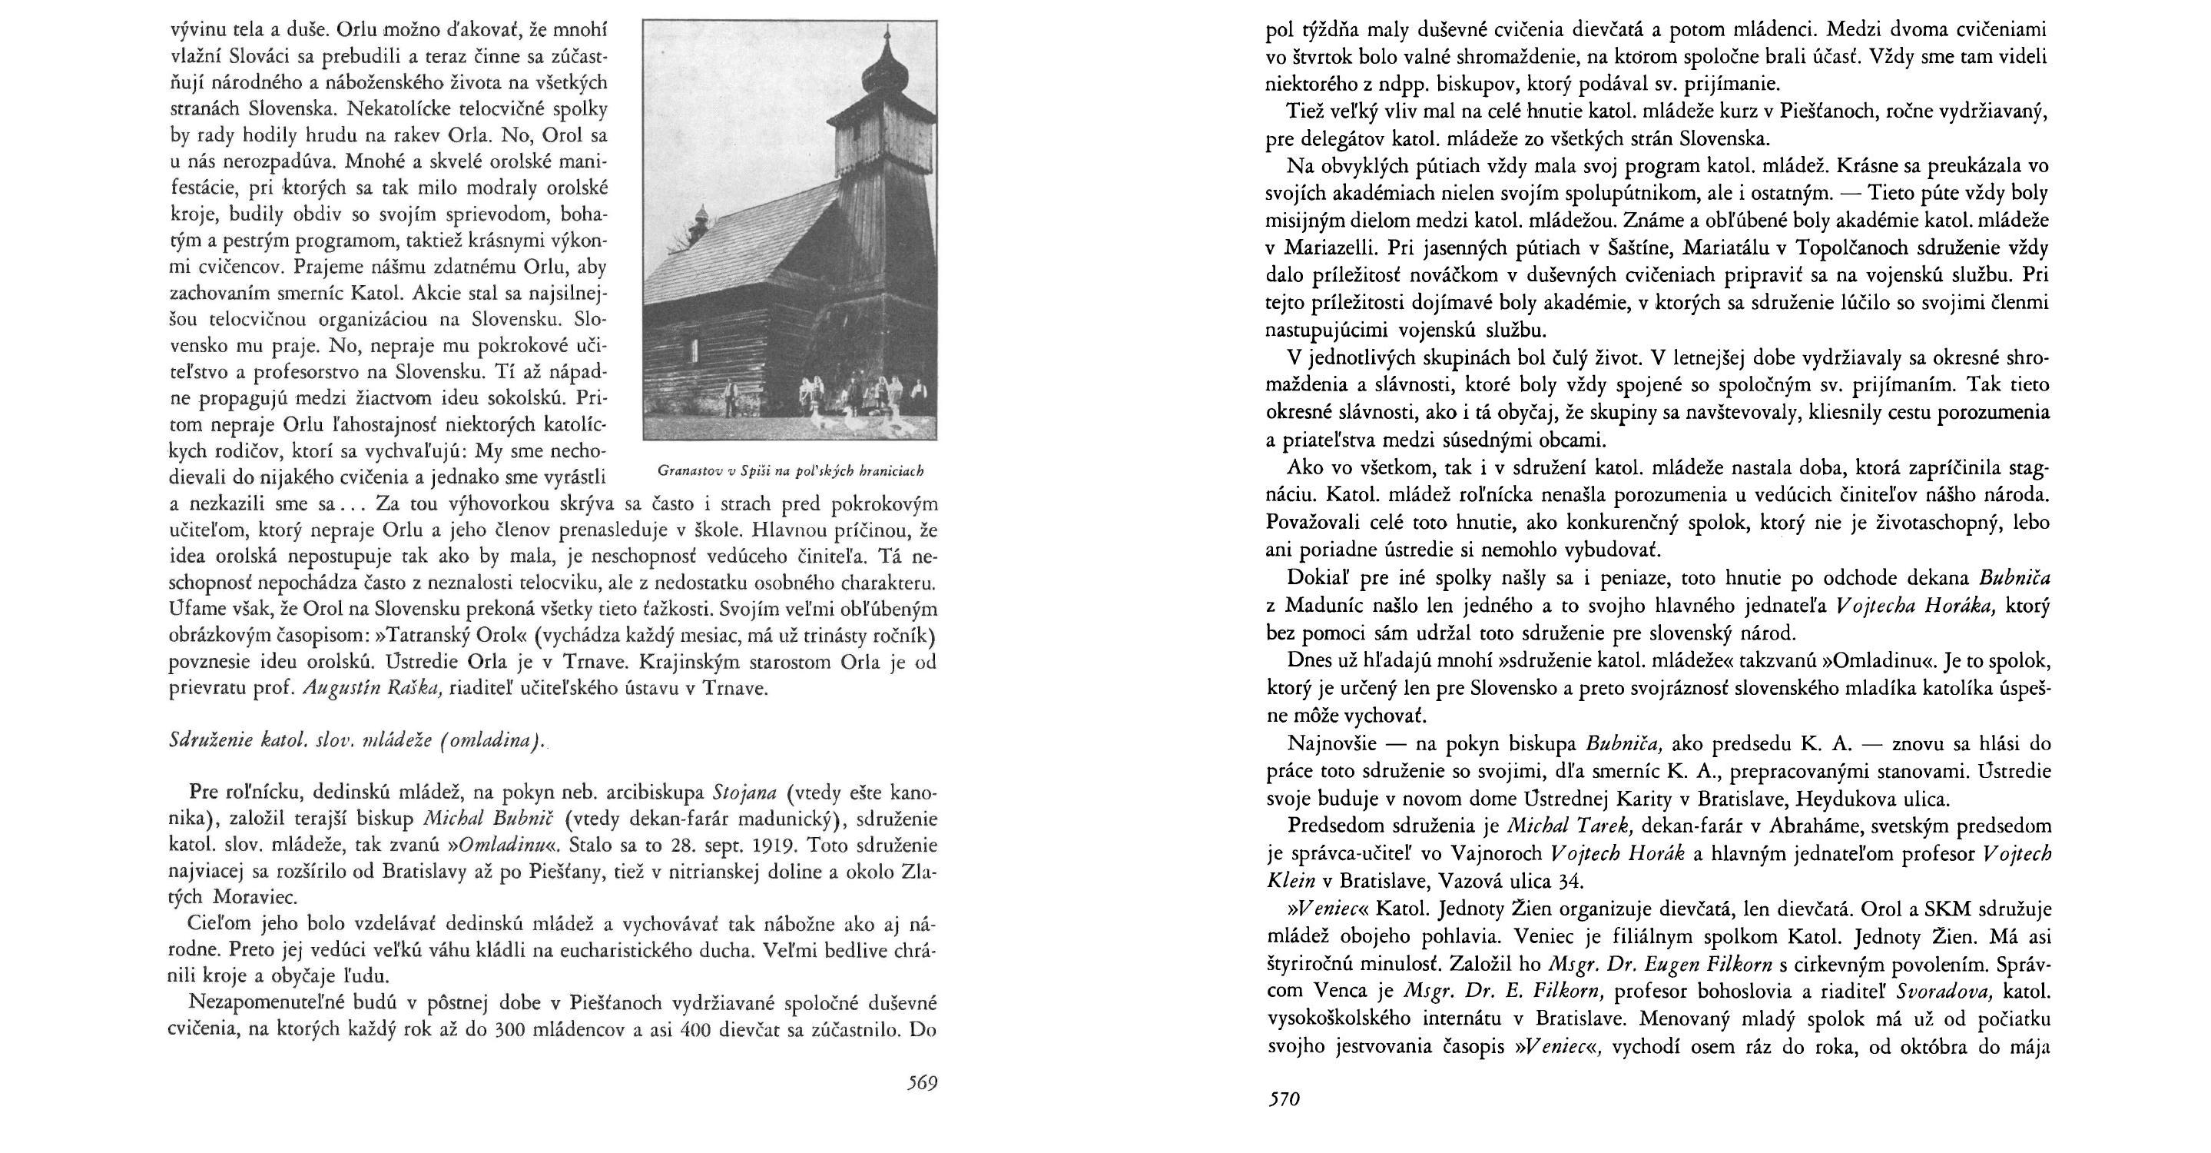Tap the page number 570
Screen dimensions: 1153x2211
point(1284,1099)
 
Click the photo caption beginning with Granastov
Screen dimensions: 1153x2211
point(790,470)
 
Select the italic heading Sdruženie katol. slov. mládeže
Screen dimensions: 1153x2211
point(356,741)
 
